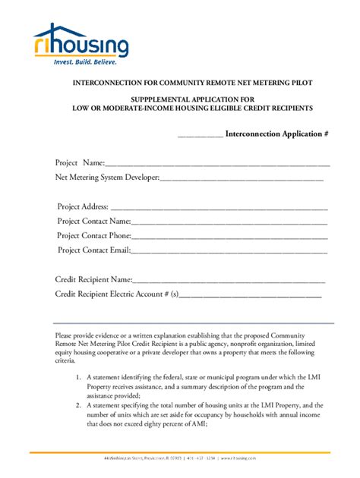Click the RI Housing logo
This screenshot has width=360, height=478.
pos(81,42)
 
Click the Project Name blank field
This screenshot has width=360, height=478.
pos(216,164)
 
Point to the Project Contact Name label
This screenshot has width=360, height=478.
pos(94,222)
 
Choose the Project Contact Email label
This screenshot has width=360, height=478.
pos(93,250)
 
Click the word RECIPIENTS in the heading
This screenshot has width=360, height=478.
pos(286,108)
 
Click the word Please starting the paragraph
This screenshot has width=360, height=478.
pos(65,336)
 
